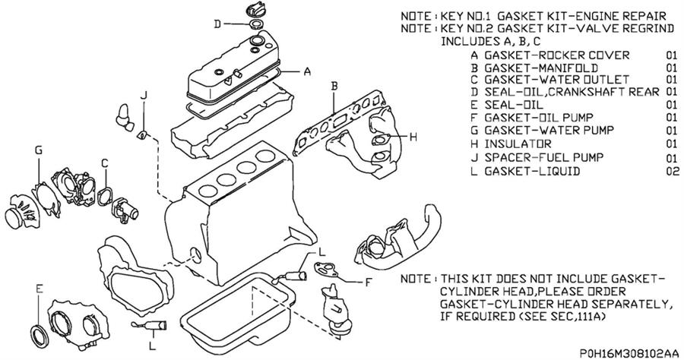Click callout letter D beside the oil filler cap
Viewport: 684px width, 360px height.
pyautogui.click(x=217, y=24)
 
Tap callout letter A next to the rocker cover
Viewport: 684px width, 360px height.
pyautogui.click(x=307, y=71)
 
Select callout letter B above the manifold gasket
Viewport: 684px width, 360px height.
pyautogui.click(x=334, y=86)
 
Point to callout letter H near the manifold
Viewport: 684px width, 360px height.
pyautogui.click(x=413, y=137)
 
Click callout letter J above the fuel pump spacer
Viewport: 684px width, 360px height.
pyautogui.click(x=144, y=95)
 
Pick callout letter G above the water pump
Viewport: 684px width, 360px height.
pyautogui.click(x=39, y=150)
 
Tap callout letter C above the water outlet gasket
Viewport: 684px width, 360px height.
pyautogui.click(x=105, y=163)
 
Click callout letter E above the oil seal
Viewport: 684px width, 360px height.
pyautogui.click(x=40, y=289)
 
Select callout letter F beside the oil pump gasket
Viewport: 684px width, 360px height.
pyautogui.click(x=368, y=283)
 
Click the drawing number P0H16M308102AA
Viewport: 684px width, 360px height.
pyautogui.click(x=629, y=353)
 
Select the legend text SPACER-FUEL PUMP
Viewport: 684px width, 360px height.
pyautogui.click(x=544, y=157)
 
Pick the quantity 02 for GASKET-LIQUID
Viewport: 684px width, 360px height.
pyautogui.click(x=673, y=171)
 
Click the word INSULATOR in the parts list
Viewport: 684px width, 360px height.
pyautogui.click(x=518, y=144)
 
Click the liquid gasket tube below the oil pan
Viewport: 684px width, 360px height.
pyautogui.click(x=150, y=325)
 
